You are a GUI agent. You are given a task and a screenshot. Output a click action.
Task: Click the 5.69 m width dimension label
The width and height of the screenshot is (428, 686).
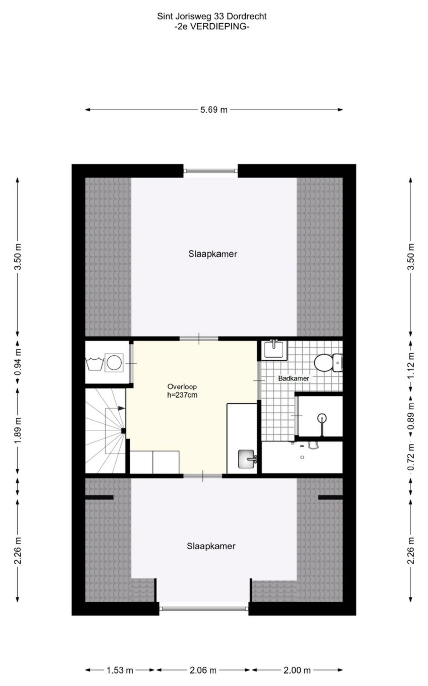pos(214,110)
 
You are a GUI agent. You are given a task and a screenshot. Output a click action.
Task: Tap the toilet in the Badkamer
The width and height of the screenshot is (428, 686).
pos(328,363)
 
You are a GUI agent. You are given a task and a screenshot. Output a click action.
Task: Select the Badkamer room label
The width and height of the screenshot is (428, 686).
pos(293,378)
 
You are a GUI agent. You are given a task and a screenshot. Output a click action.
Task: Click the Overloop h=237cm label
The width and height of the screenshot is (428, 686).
pos(182,391)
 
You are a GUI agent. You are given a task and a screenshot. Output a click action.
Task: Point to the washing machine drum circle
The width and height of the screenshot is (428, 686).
pos(114,363)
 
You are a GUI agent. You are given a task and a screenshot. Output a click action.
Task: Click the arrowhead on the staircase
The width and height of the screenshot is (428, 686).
pos(121,408)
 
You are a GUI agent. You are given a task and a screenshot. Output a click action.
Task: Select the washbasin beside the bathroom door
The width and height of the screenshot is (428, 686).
pos(274,350)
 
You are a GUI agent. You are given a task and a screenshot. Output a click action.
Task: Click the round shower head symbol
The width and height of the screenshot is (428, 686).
pos(322,418)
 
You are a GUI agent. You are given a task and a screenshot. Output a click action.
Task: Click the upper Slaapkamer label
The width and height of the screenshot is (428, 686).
pos(213,254)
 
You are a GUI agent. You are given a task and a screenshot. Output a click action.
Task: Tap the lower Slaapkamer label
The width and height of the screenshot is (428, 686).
pos(211,546)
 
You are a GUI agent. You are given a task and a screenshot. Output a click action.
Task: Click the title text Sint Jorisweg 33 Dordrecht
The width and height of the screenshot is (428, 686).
pos(212,16)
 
